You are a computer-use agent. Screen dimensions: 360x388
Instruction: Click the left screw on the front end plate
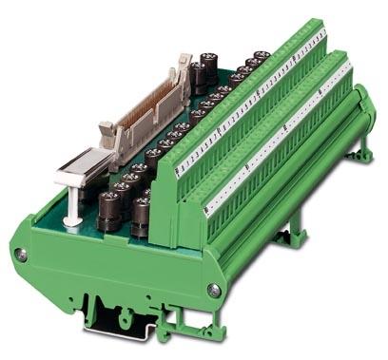click(20, 255)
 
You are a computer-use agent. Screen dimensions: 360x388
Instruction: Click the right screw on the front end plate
click(216, 291)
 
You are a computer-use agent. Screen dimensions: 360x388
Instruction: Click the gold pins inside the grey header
click(152, 99)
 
